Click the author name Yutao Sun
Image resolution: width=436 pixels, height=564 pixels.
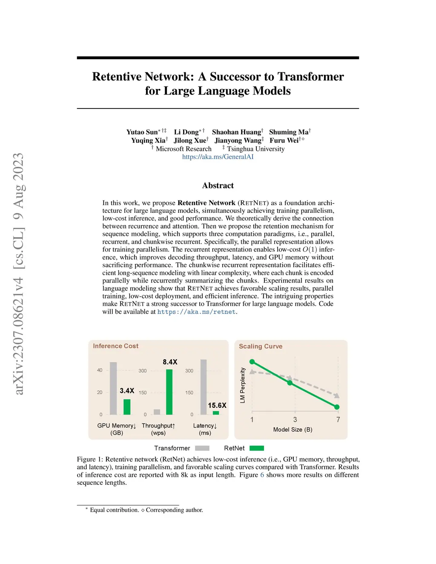(x=142, y=132)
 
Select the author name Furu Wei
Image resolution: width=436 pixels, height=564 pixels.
(x=284, y=140)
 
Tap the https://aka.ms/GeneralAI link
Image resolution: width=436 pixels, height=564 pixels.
(x=218, y=157)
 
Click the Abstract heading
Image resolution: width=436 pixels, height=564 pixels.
(x=218, y=186)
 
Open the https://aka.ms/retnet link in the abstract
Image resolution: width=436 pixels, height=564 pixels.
(x=196, y=312)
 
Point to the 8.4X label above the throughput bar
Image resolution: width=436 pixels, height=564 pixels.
(x=170, y=362)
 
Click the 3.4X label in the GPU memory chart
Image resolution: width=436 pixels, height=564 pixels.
(x=127, y=391)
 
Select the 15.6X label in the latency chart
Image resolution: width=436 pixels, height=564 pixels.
(x=217, y=406)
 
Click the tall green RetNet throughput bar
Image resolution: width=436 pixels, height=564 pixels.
(x=169, y=392)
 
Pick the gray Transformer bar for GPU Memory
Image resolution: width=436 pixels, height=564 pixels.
(x=113, y=388)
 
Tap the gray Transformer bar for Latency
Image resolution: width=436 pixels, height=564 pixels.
(x=204, y=387)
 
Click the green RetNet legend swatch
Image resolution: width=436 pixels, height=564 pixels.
(x=257, y=448)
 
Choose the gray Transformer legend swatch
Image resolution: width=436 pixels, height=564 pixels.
(x=202, y=448)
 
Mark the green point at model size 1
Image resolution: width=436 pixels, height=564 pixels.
(x=252, y=362)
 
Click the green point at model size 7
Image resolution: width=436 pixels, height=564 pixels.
(x=337, y=407)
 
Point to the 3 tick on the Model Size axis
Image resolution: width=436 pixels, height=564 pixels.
(x=295, y=420)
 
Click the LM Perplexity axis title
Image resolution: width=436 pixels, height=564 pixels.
(x=243, y=385)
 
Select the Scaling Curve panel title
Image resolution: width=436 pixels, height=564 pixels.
(x=261, y=346)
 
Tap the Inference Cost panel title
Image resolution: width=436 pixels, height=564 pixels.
(x=116, y=346)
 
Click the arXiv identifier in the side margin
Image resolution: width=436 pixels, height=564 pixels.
(x=19, y=274)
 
